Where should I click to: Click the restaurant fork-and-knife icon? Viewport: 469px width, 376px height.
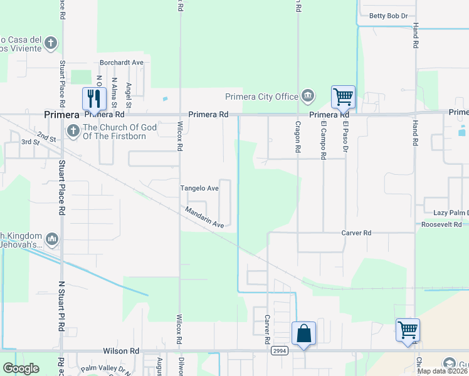click(x=95, y=98)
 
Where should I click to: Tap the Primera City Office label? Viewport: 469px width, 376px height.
click(x=261, y=97)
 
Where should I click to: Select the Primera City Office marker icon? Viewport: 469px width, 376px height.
click(x=308, y=96)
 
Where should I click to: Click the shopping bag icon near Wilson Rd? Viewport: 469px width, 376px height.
click(x=303, y=333)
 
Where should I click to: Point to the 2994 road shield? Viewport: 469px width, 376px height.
click(x=280, y=352)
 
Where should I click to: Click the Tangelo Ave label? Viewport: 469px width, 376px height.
click(x=199, y=188)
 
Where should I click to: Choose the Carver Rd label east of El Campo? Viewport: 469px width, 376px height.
click(x=356, y=232)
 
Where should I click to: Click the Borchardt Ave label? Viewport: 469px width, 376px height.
click(x=122, y=63)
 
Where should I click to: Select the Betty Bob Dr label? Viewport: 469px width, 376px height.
click(x=388, y=16)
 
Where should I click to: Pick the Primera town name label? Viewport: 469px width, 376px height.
click(x=61, y=115)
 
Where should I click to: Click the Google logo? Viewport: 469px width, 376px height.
click(x=21, y=368)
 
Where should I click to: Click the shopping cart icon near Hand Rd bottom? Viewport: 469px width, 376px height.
click(x=408, y=329)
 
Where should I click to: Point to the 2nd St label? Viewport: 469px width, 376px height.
click(x=46, y=136)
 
